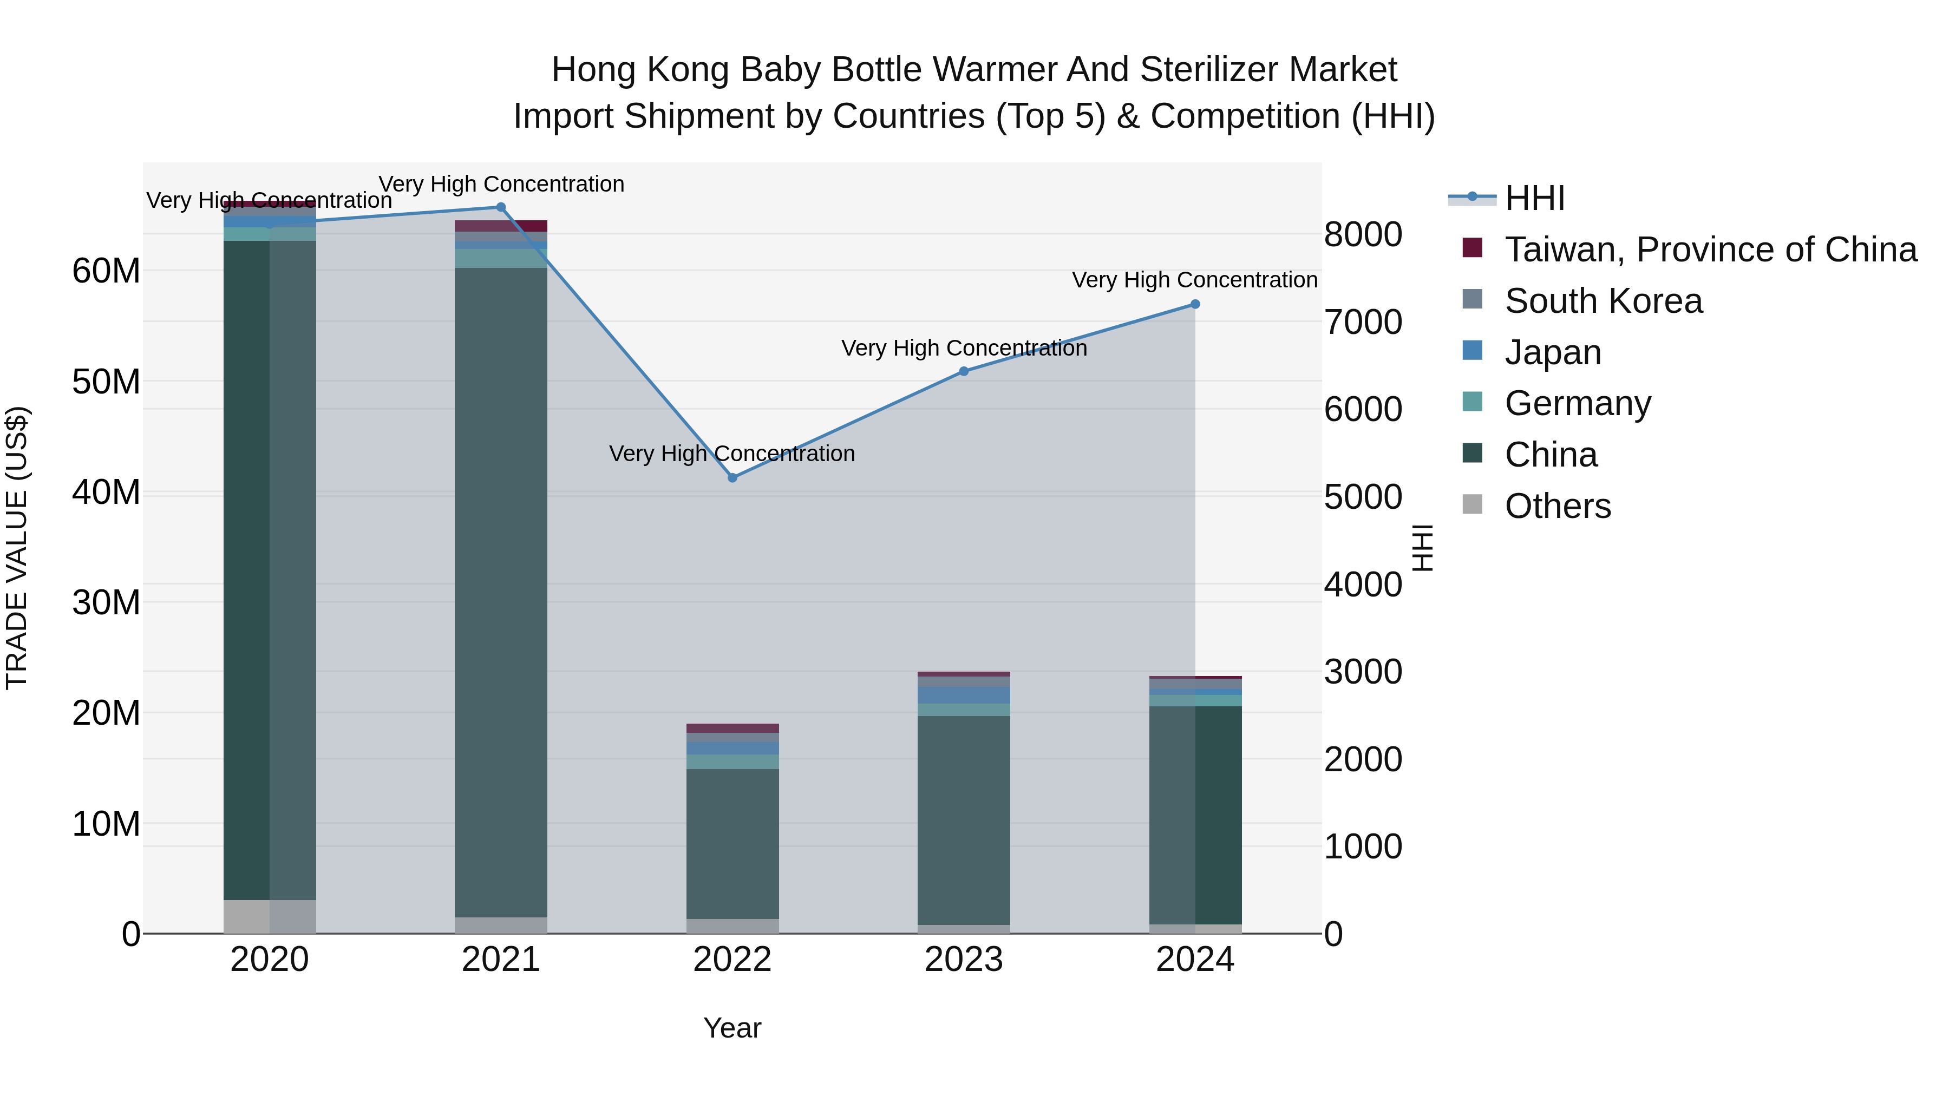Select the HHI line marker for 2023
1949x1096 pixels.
coord(963,371)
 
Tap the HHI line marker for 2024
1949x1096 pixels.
coord(1195,304)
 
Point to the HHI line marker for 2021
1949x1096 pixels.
coord(500,207)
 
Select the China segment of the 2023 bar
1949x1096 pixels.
coord(963,820)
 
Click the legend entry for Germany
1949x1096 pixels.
coord(1578,403)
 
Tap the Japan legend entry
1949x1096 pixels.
coord(1553,352)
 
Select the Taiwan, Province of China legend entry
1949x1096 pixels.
coord(1710,250)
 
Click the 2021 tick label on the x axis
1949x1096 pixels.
coord(500,960)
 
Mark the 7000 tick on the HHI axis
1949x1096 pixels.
coord(1363,322)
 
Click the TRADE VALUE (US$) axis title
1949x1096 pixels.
coord(17,548)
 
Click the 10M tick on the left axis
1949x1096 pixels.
coord(106,824)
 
